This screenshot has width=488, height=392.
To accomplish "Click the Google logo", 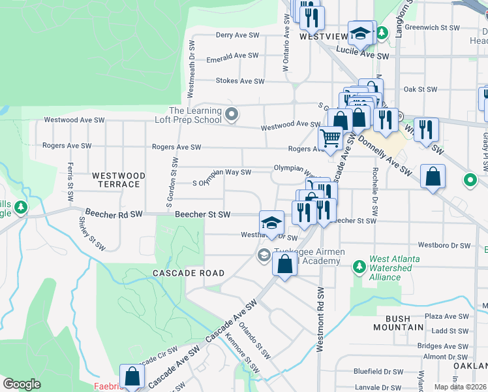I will point(22,384).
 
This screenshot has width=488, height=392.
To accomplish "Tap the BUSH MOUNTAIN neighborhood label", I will point(393,323).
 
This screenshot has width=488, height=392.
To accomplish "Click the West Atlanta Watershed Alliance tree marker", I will point(358,267).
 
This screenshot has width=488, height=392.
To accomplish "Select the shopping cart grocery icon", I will point(331,139).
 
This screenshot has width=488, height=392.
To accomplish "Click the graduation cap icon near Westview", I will point(360,33).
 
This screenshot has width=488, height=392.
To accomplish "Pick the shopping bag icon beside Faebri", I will point(132,376).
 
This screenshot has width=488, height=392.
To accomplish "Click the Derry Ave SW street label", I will point(237,35).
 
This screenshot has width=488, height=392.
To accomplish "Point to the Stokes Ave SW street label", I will point(240,82).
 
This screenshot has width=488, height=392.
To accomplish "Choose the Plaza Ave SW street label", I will point(448,316).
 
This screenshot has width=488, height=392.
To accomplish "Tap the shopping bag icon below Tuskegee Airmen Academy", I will point(284,265).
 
